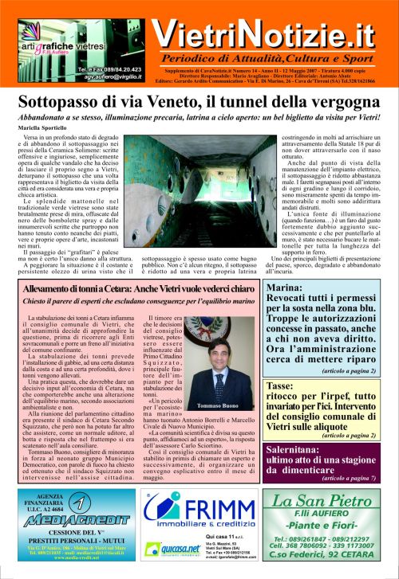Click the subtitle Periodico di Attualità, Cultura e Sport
coord(274,61)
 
